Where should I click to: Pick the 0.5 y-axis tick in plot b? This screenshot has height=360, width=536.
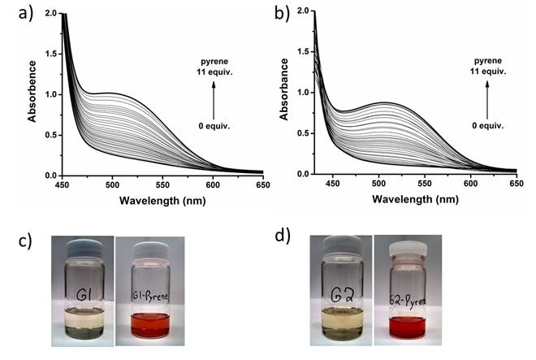coord(301,133)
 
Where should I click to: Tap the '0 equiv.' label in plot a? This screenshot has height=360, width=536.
coord(214,127)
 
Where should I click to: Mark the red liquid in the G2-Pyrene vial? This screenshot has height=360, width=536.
coord(406,328)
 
